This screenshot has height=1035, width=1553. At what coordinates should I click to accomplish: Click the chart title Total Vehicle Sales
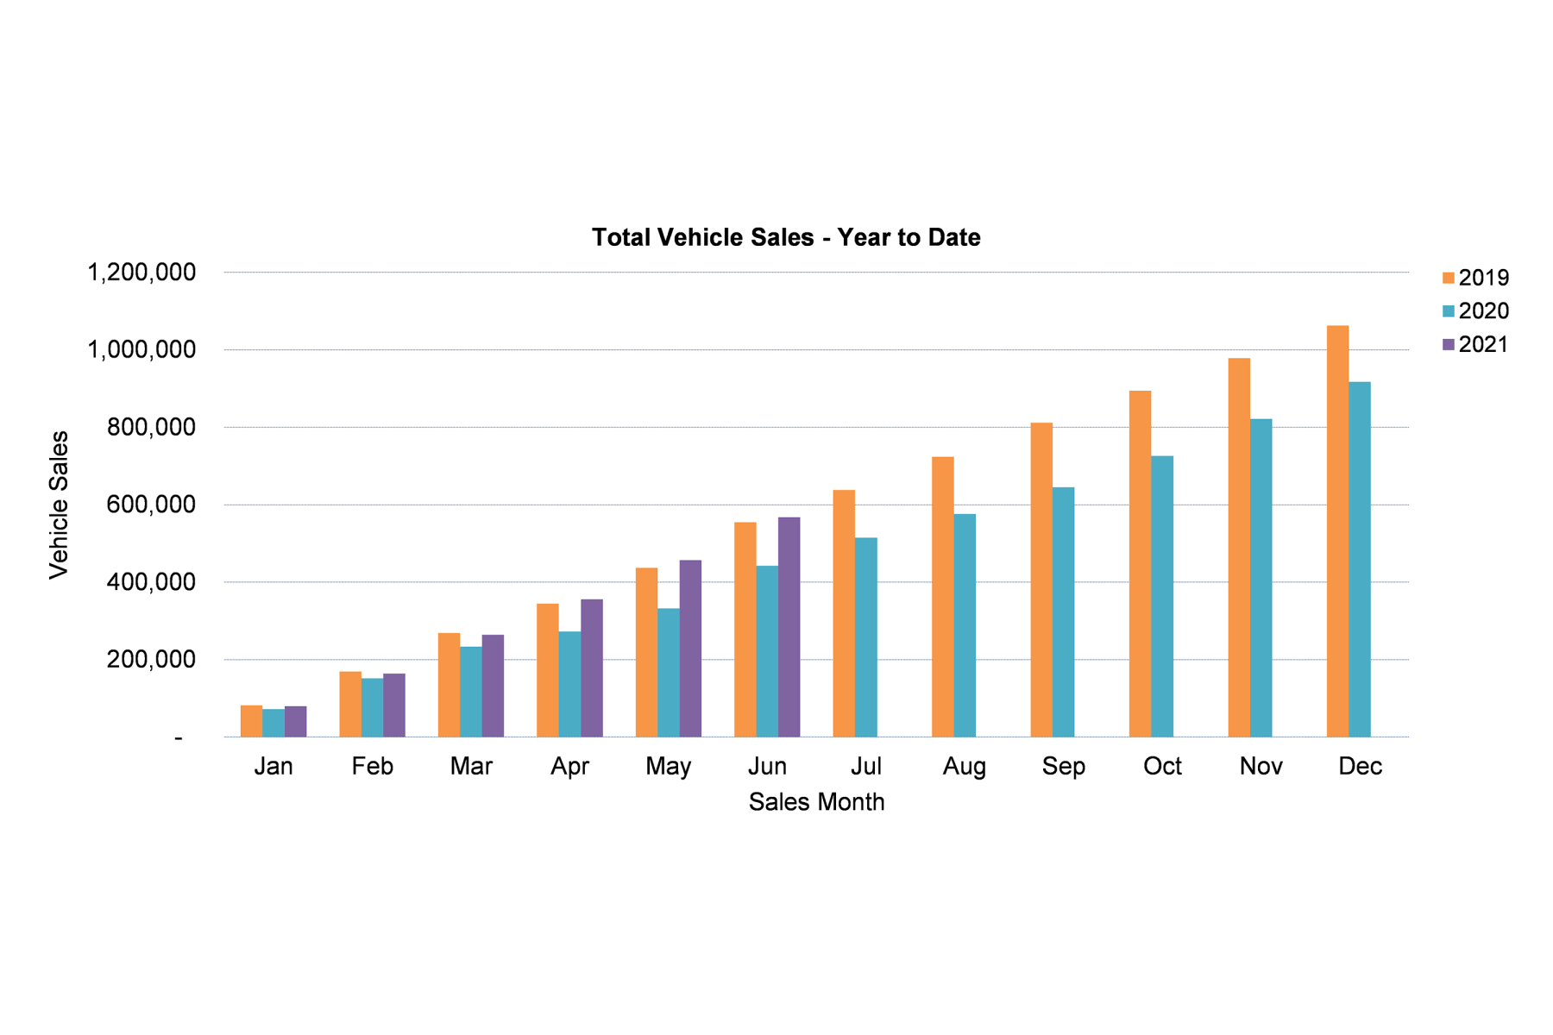pos(786,237)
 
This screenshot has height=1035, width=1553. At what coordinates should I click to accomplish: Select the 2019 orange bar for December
pos(1337,530)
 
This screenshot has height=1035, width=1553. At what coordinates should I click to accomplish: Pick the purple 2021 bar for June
pos(789,627)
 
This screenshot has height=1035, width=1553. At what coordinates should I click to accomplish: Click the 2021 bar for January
pos(295,722)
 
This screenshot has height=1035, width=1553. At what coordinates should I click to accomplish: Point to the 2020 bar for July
pos(865,637)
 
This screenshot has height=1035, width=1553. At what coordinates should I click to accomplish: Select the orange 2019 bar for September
pos(1041,580)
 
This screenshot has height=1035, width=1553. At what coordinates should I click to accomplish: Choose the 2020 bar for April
pos(569,684)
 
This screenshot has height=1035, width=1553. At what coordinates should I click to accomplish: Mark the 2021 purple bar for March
pos(493,686)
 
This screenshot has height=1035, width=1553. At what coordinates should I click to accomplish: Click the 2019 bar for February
pos(350,704)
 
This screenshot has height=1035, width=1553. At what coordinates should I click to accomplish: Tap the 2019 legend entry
pos(1475,278)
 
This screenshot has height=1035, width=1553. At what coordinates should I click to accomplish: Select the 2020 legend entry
pos(1475,310)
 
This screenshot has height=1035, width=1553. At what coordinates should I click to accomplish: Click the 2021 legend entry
pos(1475,344)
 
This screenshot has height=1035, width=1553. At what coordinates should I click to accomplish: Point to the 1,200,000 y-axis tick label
pos(141,273)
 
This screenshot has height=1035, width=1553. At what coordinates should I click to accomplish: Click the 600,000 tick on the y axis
pos(151,505)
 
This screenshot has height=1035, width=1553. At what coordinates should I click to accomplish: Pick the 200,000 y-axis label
pos(151,660)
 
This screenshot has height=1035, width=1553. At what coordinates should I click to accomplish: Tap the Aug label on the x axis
pos(965,766)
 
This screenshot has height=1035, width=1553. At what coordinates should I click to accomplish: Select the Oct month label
pos(1162,766)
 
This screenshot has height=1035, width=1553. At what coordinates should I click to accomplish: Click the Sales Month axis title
pos(816,802)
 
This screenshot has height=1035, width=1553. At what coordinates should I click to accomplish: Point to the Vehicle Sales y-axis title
pos(59,505)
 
